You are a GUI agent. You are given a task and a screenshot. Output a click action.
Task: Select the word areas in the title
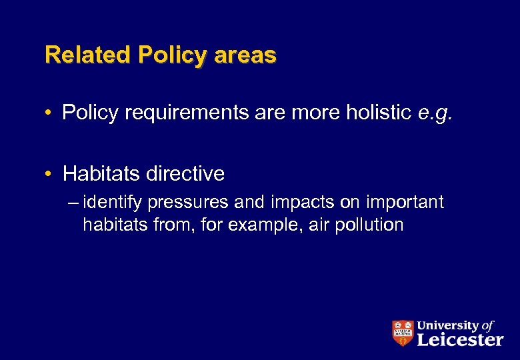coord(245,55)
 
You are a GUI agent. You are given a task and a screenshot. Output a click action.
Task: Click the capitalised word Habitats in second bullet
coord(101,175)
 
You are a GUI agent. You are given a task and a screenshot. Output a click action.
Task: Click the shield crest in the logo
coord(402,333)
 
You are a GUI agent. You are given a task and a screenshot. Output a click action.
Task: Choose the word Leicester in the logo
coord(460,339)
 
